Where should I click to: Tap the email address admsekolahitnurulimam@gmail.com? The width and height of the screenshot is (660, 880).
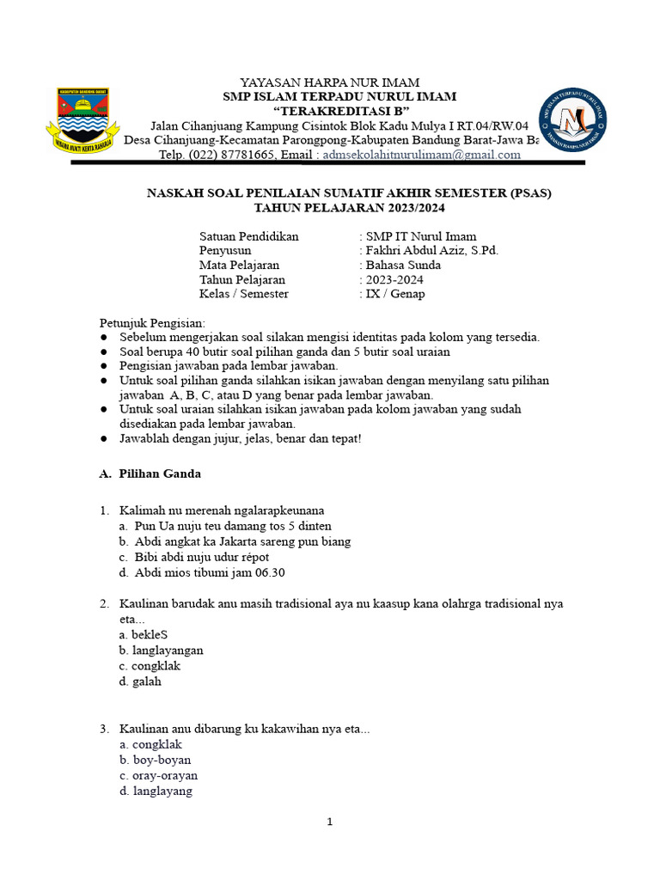(421, 155)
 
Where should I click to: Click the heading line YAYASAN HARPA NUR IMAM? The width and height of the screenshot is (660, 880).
(330, 82)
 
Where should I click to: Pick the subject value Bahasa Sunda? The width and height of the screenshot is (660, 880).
(403, 265)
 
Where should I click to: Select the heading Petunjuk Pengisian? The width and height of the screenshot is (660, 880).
(153, 322)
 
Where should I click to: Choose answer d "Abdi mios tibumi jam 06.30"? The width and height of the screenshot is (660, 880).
(210, 572)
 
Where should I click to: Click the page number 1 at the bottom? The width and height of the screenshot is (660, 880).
(329, 822)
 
